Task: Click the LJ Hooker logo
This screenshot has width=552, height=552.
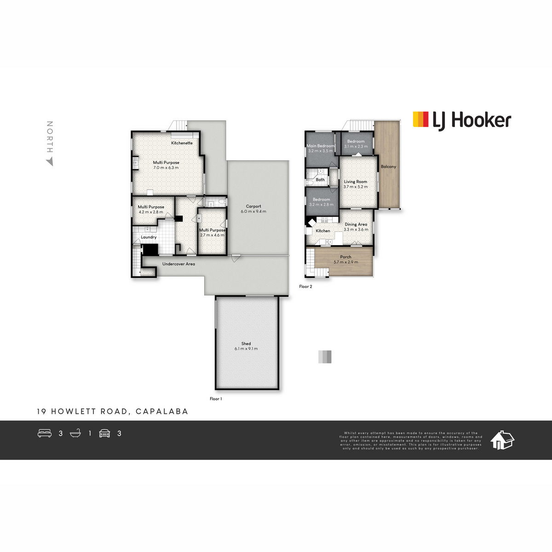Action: click(462, 121)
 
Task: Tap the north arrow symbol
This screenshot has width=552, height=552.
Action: click(50, 162)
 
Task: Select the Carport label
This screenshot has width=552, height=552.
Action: click(253, 206)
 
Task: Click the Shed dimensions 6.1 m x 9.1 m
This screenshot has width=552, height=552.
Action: click(246, 349)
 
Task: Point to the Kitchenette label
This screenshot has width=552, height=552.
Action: click(182, 143)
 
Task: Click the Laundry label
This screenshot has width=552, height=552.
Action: click(149, 237)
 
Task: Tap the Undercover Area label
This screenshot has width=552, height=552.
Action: click(178, 264)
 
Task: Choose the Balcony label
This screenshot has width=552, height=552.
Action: click(388, 167)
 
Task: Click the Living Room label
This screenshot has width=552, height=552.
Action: click(356, 182)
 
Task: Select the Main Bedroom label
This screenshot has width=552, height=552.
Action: click(321, 146)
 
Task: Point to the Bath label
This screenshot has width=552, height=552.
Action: click(320, 179)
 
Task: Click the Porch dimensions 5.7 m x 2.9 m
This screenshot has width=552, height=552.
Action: click(346, 262)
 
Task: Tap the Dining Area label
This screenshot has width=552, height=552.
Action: click(356, 224)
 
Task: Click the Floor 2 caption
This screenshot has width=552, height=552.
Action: click(305, 287)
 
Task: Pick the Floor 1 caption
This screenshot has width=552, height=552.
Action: click(216, 399)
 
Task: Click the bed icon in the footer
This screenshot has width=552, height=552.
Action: click(45, 433)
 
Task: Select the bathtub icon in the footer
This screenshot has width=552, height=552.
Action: click(75, 433)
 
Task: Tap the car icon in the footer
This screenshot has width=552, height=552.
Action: click(104, 433)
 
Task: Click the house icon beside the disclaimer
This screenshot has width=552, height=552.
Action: click(502, 440)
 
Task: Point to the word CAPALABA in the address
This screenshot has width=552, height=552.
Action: click(162, 411)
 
